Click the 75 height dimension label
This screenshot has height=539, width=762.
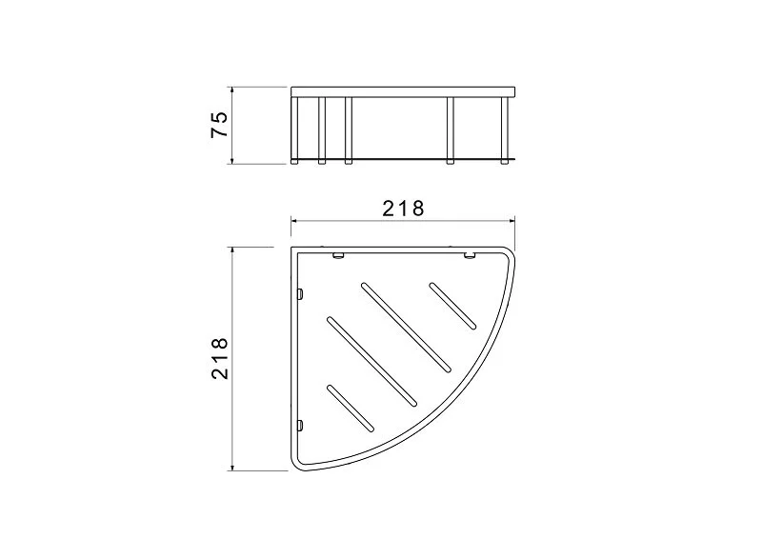[x=219, y=125]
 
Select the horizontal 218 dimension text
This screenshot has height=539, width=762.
[x=403, y=209]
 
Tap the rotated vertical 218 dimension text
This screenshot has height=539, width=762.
[x=220, y=358]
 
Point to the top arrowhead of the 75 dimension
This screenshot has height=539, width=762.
[x=232, y=90]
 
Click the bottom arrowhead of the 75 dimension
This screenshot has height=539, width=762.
[x=232, y=160]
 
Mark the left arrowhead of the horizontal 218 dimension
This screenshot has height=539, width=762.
[x=295, y=221]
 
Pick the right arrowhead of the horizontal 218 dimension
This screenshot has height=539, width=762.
[x=511, y=221]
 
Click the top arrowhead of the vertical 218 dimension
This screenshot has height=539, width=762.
[x=232, y=251]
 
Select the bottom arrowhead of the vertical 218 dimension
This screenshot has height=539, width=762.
[x=232, y=467]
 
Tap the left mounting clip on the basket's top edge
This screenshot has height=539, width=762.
[x=338, y=255]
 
